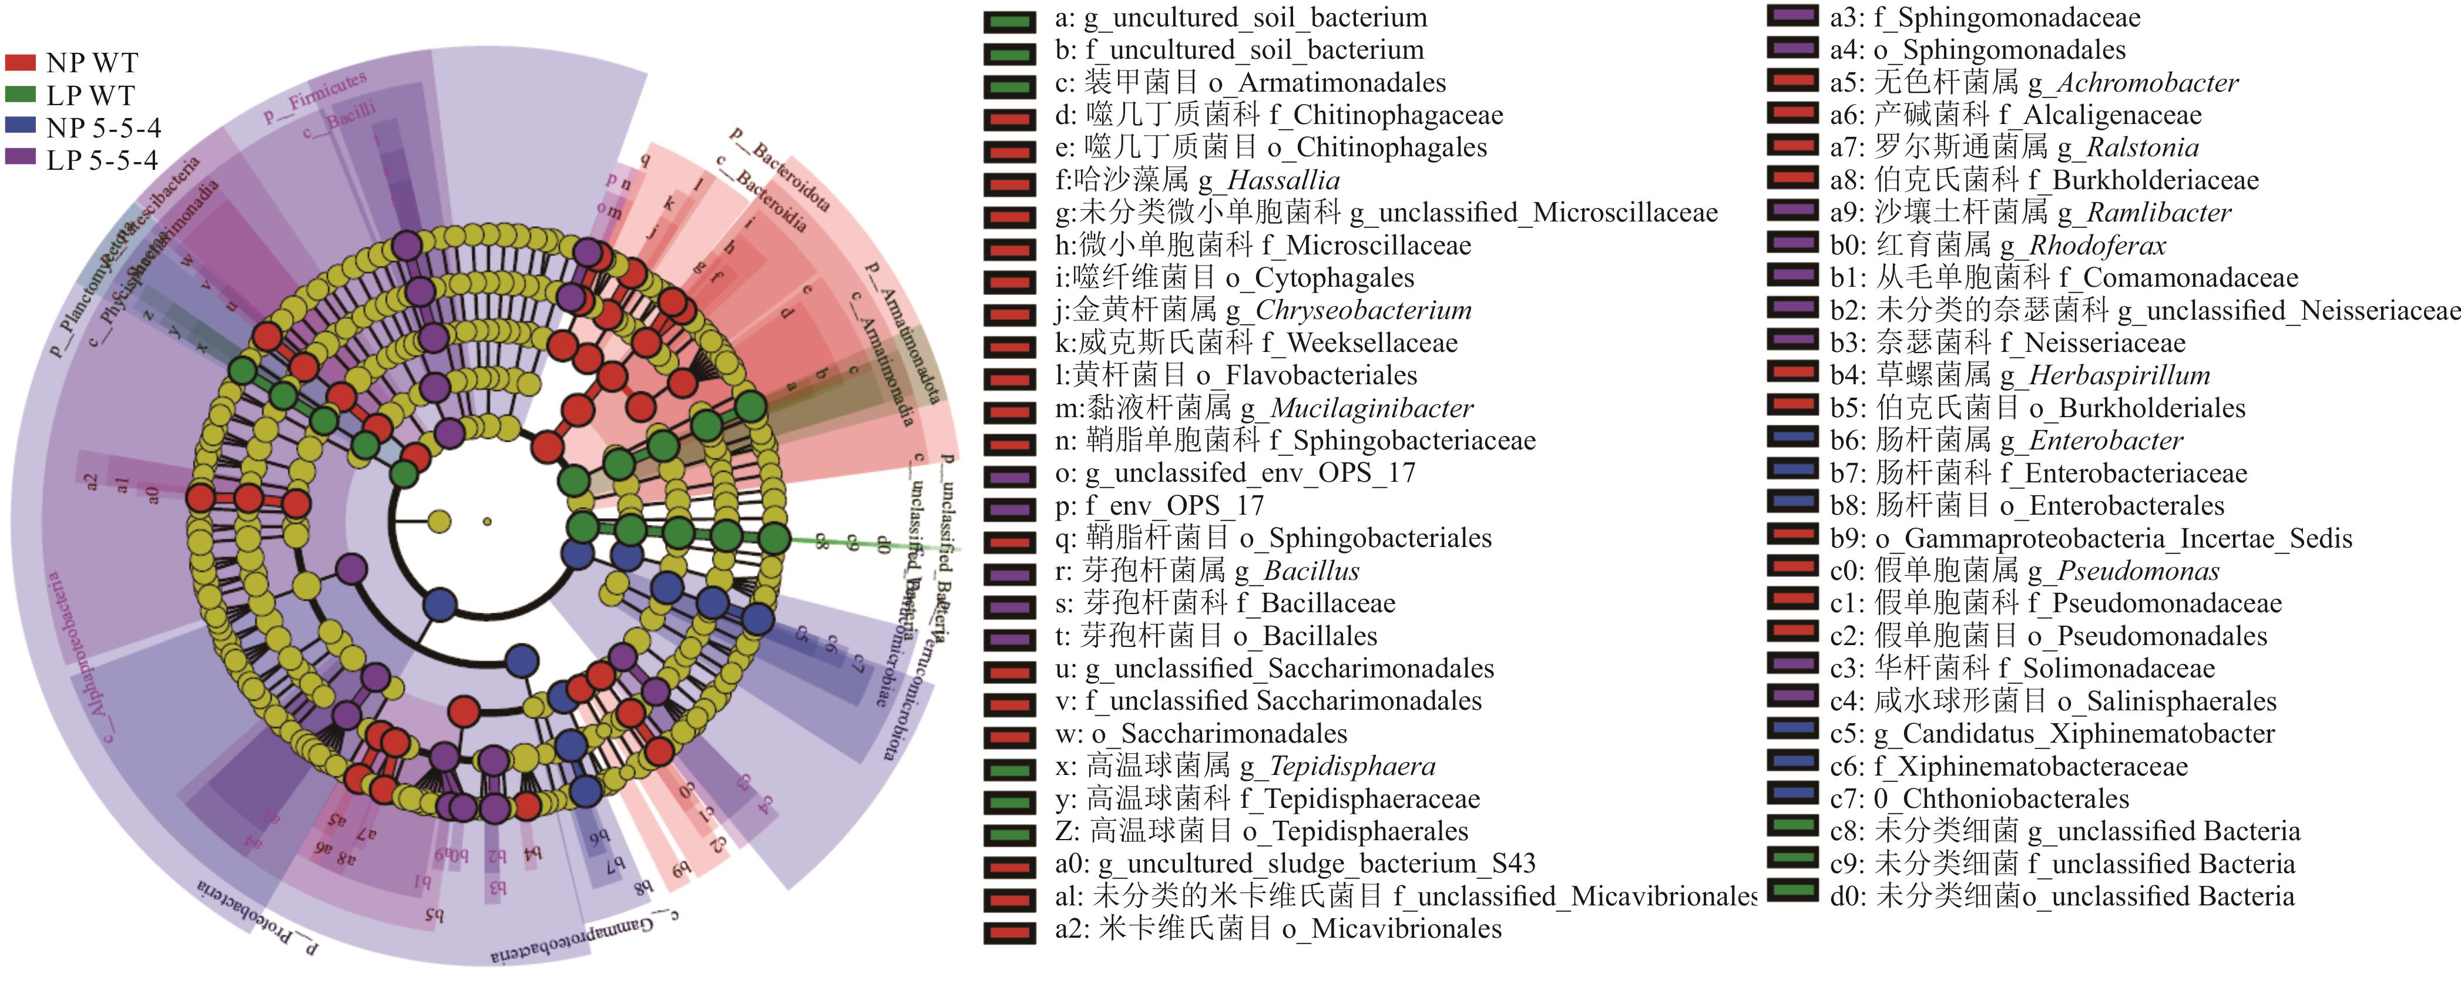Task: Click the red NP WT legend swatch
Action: tap(20, 63)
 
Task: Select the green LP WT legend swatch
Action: tap(20, 95)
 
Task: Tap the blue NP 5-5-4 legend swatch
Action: tap(20, 126)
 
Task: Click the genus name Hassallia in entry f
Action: tap(1283, 180)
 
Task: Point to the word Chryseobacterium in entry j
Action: tap(1364, 311)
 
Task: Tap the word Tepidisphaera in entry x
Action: tap(1352, 766)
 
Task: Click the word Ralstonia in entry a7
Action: tap(2143, 148)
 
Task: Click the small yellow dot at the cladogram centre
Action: tap(487, 522)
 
